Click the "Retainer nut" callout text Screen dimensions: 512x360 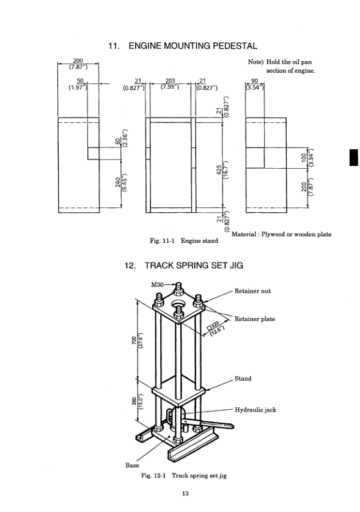pyautogui.click(x=252, y=291)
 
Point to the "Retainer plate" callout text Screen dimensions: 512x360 pyautogui.click(x=255, y=319)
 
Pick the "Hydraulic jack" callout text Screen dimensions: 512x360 pyautogui.click(x=255, y=410)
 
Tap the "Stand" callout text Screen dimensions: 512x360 pyautogui.click(x=243, y=379)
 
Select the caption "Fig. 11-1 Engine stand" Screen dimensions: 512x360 pyautogui.click(x=184, y=242)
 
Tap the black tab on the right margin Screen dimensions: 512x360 pyautogui.click(x=353, y=157)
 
